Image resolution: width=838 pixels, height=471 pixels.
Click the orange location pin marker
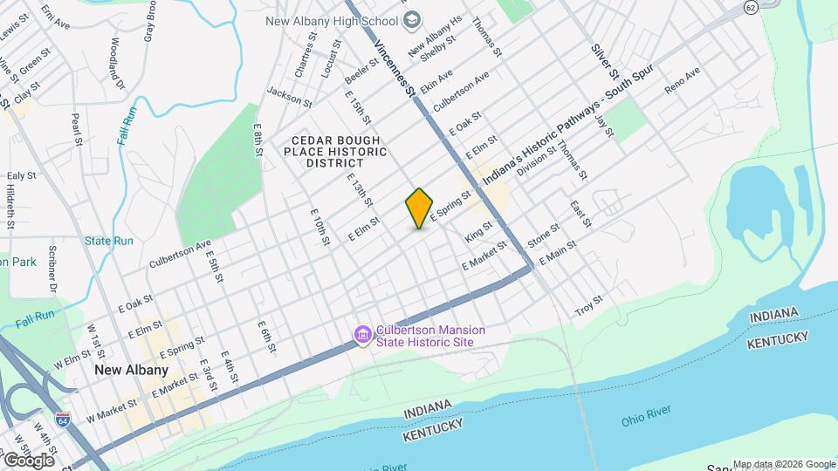(420, 208)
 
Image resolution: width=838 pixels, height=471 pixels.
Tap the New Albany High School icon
(414, 19)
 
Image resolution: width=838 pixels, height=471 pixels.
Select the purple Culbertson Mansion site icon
(363, 335)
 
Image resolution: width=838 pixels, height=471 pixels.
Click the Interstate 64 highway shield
(63, 420)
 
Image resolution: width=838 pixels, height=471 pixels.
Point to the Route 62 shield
(751, 7)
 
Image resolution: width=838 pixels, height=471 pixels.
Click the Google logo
(28, 460)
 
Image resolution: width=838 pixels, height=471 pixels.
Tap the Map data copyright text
(783, 464)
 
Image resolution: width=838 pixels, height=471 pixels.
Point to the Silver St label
(604, 62)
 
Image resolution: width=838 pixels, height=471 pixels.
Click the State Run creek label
(109, 241)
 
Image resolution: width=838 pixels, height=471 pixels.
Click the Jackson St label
(290, 96)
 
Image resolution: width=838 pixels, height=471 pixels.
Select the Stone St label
(543, 233)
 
